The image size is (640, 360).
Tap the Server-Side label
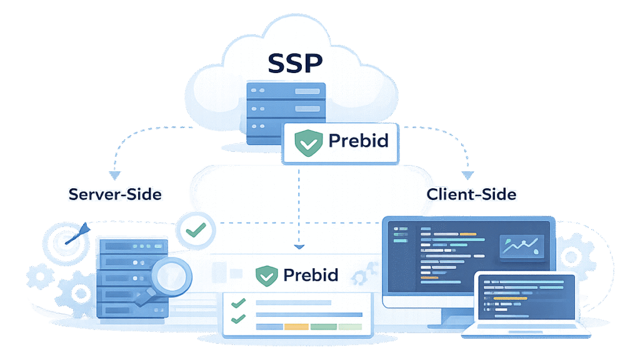[115, 194]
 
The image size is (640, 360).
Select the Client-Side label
[471, 194]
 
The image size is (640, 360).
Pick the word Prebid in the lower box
[311, 274]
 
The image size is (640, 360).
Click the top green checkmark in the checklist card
[237, 303]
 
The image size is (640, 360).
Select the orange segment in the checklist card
[297, 326]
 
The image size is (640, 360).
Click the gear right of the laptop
[571, 256]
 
